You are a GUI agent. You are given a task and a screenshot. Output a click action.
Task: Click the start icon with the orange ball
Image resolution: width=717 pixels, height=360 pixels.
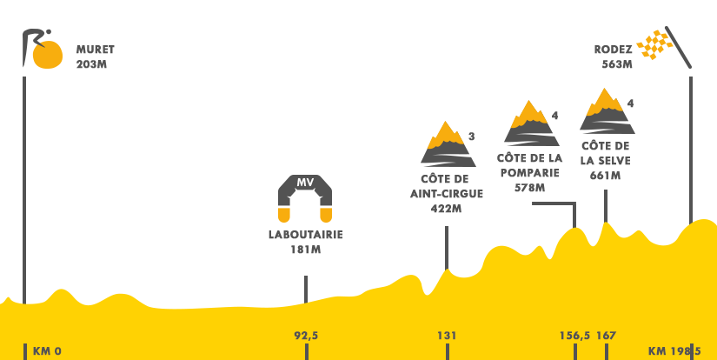tap(43, 49)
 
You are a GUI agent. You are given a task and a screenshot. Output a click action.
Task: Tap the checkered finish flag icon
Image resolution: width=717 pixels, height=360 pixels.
tap(665, 47)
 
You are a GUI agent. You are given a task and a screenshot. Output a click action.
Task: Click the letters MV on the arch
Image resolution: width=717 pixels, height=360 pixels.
tap(305, 183)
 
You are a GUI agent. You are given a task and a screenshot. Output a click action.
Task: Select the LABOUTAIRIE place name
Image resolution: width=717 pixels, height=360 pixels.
tap(305, 235)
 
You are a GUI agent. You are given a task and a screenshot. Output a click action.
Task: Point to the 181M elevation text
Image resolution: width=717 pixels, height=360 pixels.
tap(305, 250)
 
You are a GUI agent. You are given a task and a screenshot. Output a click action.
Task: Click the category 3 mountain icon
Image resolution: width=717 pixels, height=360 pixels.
tap(448, 143)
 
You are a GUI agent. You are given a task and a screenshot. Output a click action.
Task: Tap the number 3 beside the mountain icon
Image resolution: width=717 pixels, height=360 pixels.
tap(471, 137)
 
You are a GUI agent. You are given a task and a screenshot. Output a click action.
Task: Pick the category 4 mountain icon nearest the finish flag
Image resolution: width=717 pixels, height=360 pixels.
tap(607, 110)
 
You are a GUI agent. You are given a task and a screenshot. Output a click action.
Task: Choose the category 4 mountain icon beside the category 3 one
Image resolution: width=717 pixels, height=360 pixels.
tap(531, 123)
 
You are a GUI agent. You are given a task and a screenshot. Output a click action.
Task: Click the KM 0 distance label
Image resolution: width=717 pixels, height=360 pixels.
tap(47, 351)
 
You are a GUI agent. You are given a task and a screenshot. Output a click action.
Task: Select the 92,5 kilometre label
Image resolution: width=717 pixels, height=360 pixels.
tap(306, 336)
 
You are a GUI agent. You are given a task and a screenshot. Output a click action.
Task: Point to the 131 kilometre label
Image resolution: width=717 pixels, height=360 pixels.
tap(447, 336)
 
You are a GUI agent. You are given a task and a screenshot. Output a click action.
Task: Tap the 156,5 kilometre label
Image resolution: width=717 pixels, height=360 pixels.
tap(574, 336)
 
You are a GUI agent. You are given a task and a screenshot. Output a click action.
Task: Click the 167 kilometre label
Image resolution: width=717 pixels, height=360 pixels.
tap(606, 336)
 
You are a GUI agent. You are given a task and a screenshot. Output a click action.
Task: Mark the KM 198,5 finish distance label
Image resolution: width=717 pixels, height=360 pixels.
tap(674, 351)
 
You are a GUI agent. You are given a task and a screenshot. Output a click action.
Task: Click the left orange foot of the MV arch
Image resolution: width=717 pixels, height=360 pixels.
tap(284, 215)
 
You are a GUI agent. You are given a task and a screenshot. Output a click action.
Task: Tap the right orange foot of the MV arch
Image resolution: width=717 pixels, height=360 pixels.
tap(326, 215)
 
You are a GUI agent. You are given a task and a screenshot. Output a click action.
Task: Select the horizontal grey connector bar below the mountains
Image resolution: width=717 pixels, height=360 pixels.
tap(553, 204)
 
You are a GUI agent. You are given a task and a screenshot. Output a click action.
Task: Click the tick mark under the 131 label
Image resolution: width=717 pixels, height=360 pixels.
tap(447, 350)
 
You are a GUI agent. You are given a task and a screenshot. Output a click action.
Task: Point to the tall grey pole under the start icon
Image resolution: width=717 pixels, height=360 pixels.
tap(24, 174)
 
